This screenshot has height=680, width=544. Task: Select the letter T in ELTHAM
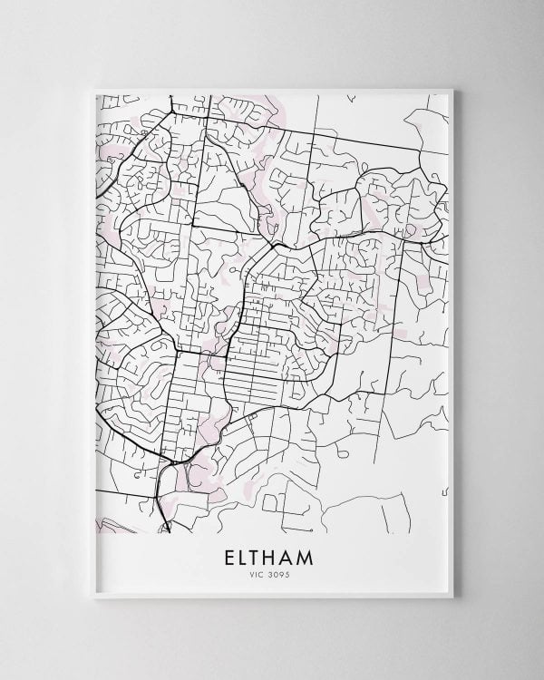(x=258, y=554)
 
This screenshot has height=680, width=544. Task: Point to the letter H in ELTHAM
(x=277, y=554)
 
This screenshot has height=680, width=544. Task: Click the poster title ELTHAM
(x=272, y=554)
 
